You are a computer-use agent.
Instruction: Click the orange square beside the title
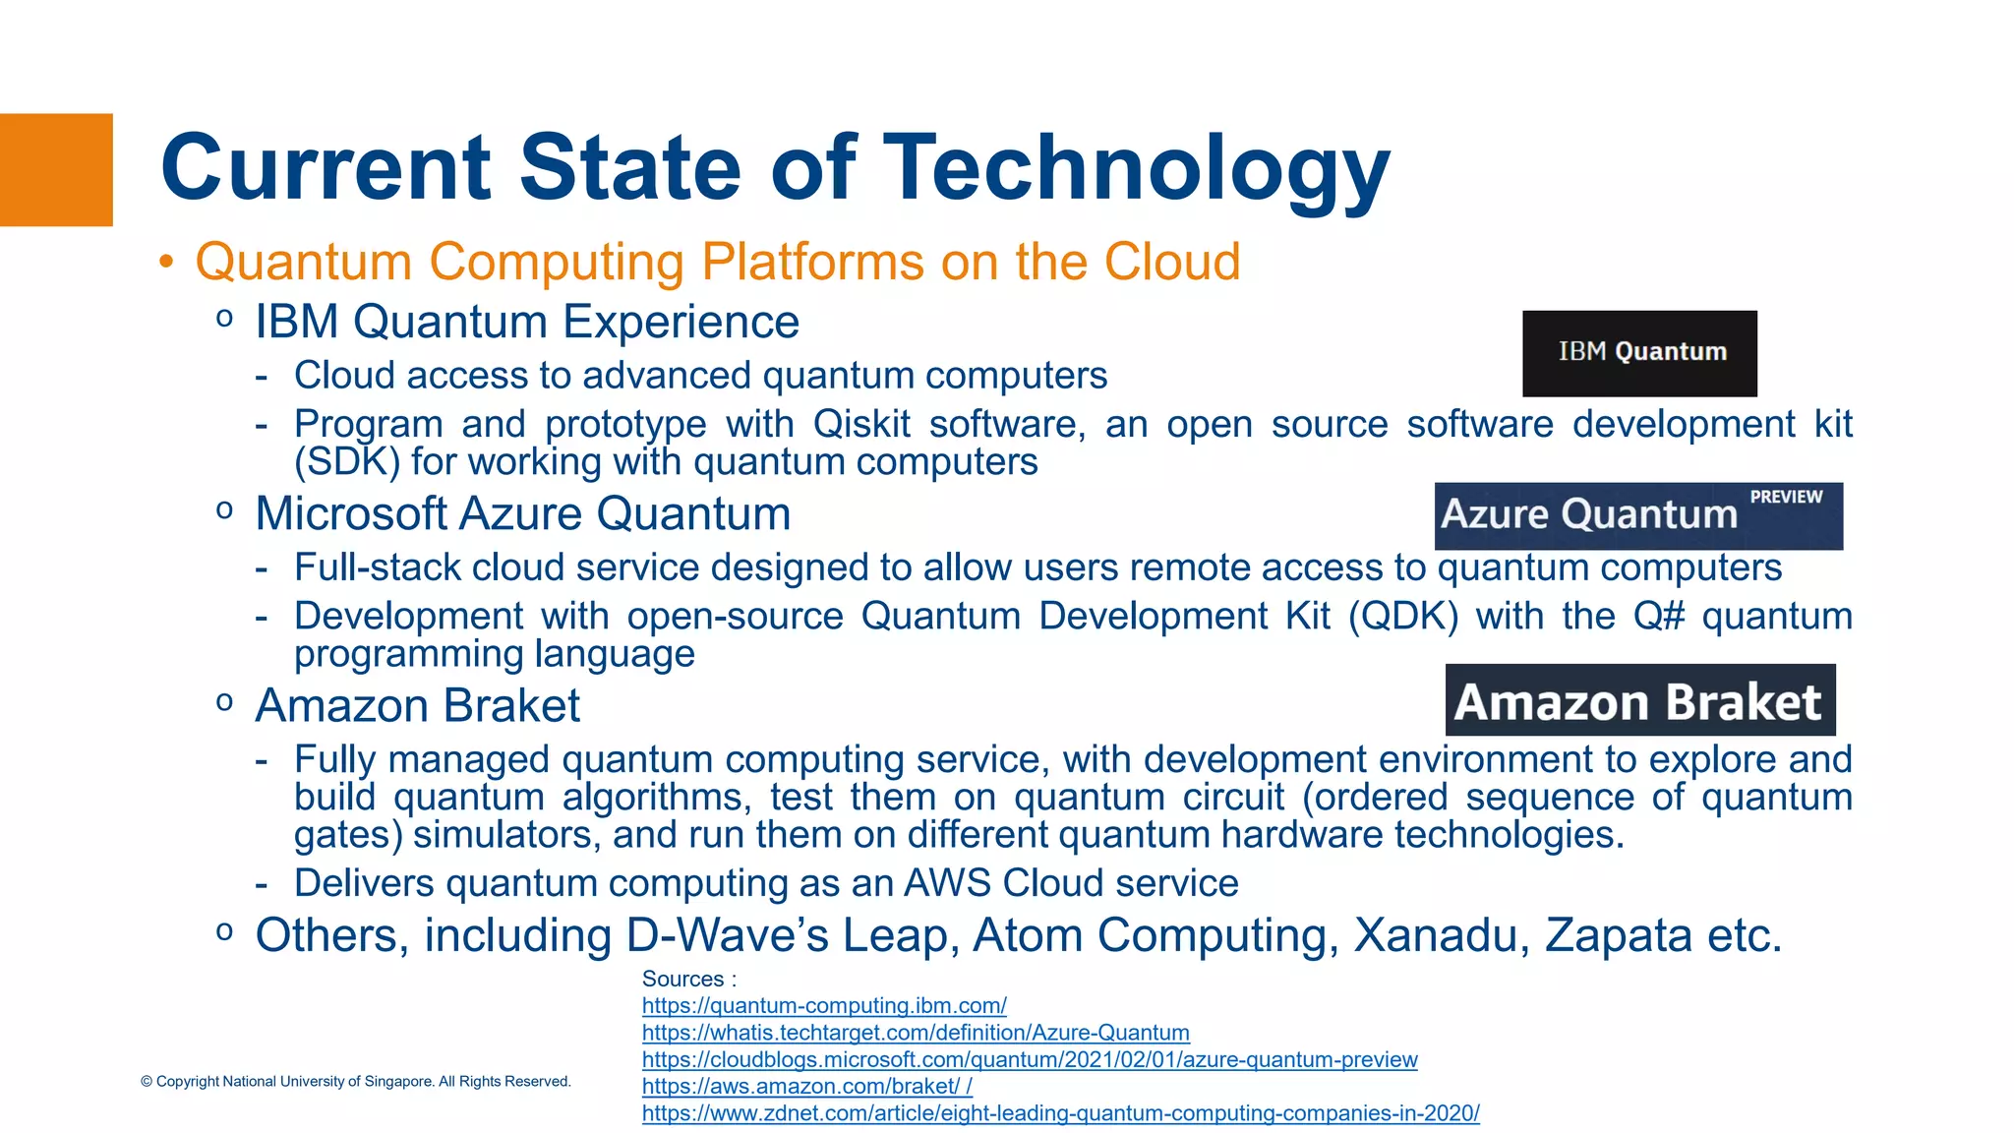pos(56,170)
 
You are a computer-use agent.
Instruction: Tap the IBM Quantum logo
pos(1639,353)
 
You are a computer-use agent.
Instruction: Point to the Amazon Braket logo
pos(1639,700)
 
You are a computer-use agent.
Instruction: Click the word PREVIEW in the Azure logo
pos(1786,497)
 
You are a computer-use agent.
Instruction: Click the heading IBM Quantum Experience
pos(527,322)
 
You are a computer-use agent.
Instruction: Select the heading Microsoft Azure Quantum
pos(523,513)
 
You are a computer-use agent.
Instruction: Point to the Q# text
pos(1658,617)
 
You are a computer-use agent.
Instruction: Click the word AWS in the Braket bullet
pos(946,883)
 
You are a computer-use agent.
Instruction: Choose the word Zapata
pos(1619,934)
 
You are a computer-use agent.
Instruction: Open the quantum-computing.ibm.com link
pos(824,1006)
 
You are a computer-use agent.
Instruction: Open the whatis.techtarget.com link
pos(916,1033)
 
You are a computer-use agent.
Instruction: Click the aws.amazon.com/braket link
pos(806,1087)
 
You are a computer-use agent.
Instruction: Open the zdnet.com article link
pos(1060,1113)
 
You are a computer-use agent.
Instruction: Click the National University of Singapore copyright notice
pos(355,1081)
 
